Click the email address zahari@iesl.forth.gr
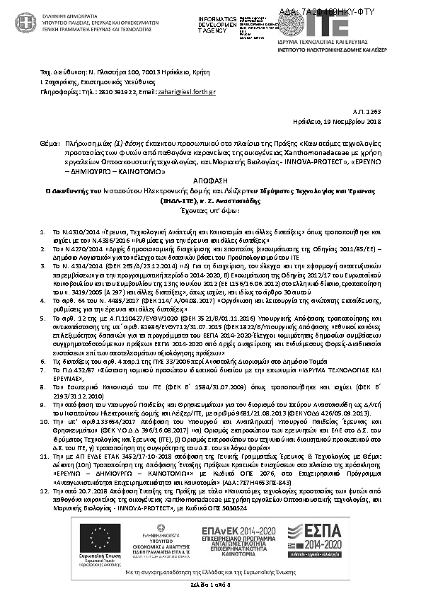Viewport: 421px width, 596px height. click(185, 92)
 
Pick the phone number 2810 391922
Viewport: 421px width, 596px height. click(117, 92)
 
